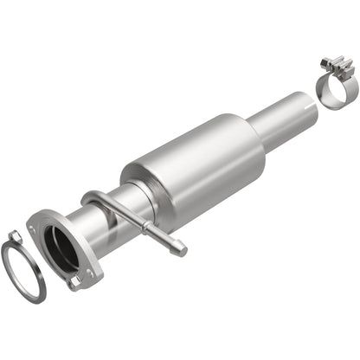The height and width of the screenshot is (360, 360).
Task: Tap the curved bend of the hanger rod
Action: [x=94, y=200]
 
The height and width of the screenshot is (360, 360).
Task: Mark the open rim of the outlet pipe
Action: [x=307, y=100]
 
